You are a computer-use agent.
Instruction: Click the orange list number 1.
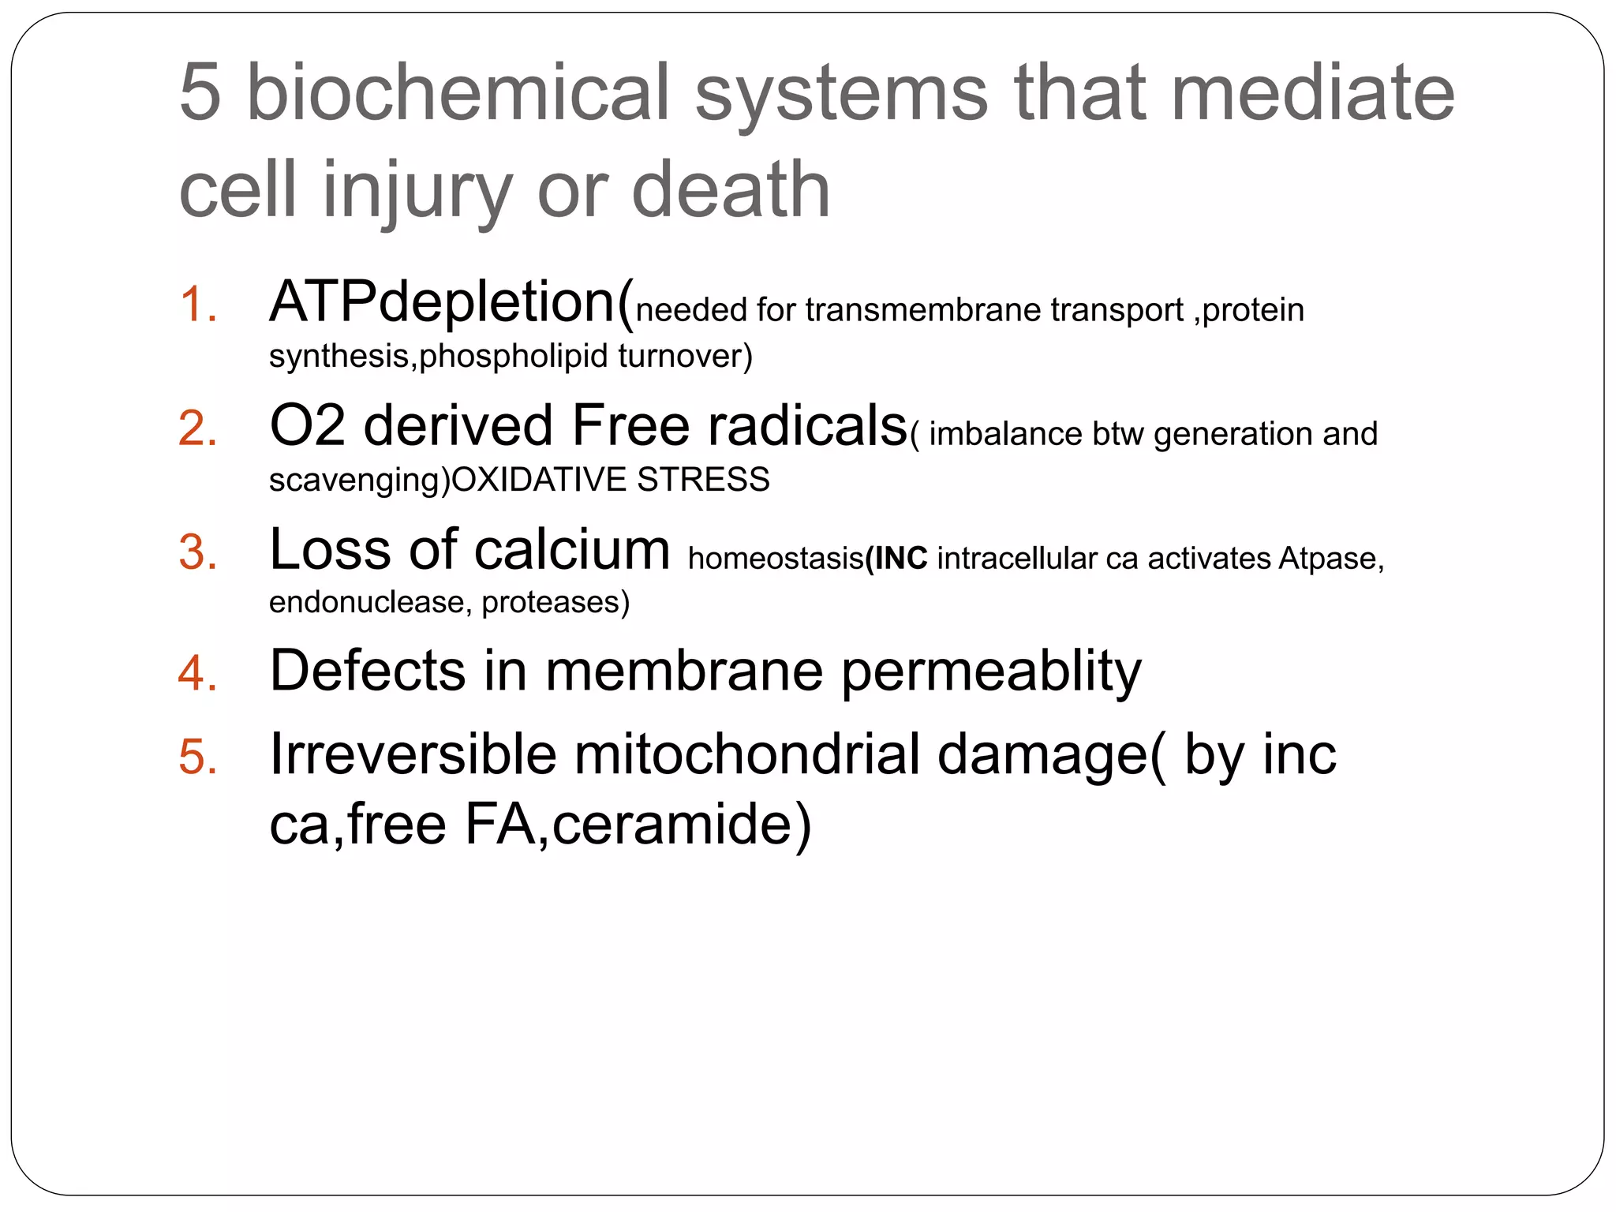pos(197,305)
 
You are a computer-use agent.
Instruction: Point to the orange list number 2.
pos(197,429)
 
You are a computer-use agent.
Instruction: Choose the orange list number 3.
pos(197,552)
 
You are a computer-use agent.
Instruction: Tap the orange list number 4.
pos(197,674)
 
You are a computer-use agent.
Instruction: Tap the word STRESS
pos(703,480)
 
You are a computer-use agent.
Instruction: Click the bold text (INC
pos(896,559)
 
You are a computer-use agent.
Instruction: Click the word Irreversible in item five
pos(413,755)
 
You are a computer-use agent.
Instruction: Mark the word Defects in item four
pos(367,671)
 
